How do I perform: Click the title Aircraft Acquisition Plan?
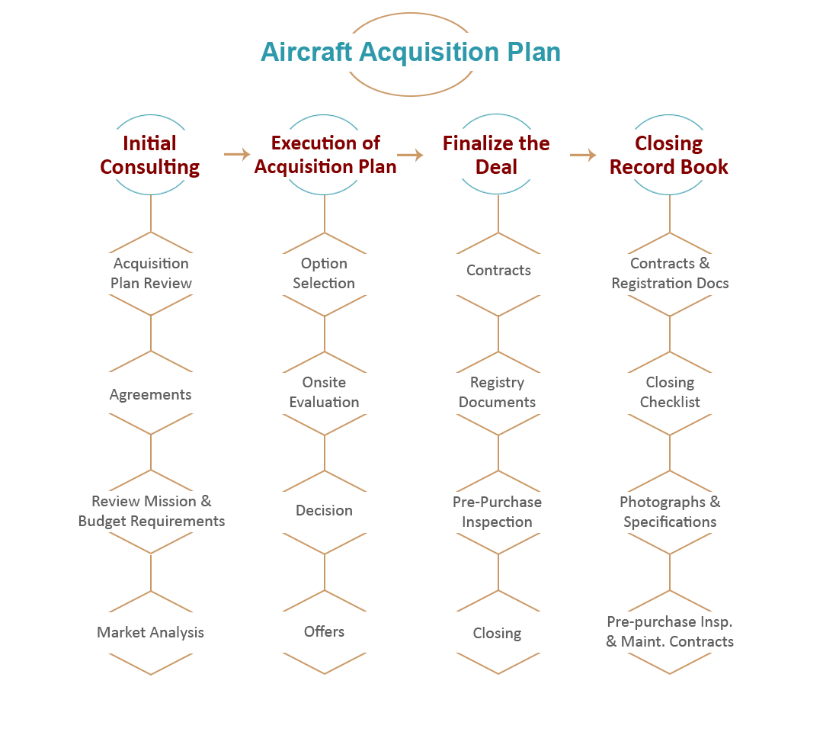pos(410,52)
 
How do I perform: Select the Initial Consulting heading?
pos(150,155)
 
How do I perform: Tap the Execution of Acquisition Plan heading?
pos(325,155)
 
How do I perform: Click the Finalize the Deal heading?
pos(496,155)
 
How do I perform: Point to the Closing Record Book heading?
pos(669,155)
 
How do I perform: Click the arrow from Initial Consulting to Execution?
pos(237,155)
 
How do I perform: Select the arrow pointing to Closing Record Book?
pos(583,155)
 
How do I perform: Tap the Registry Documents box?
pos(496,393)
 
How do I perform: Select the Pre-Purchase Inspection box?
pos(496,512)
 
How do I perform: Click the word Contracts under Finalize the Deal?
pos(498,271)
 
